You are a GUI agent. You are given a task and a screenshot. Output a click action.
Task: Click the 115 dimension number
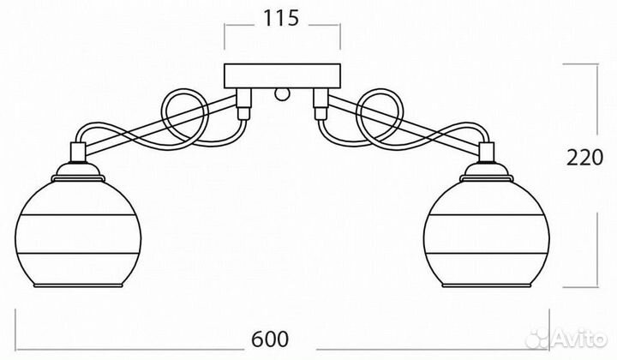tap(280, 18)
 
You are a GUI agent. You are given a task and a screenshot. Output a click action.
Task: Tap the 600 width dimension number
tap(270, 339)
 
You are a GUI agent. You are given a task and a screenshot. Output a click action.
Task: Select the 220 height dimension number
tap(584, 158)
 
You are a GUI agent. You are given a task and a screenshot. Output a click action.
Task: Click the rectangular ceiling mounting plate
tap(282, 76)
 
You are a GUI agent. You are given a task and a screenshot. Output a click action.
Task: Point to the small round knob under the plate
tap(282, 94)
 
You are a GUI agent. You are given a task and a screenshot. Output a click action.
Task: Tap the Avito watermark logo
tap(566, 338)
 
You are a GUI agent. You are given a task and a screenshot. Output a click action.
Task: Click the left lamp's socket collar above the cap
tap(78, 153)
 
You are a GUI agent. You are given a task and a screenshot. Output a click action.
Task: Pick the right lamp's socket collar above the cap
tap(487, 153)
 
